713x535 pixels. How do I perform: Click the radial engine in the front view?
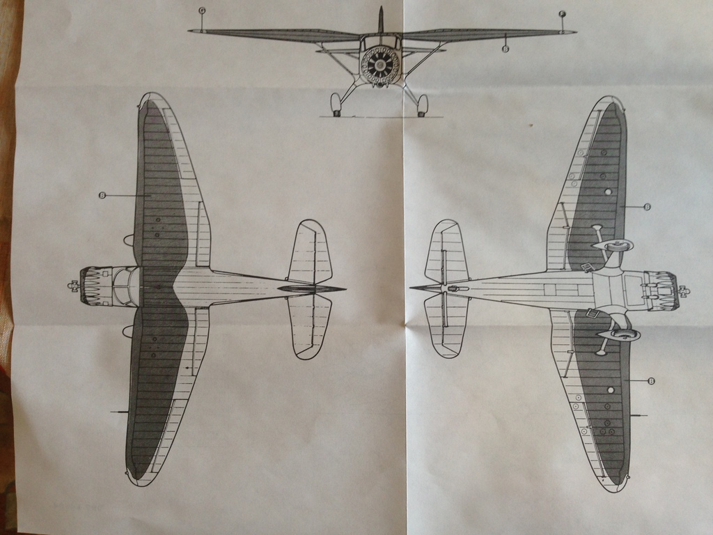coord(380,66)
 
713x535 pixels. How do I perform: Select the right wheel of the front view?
coord(422,105)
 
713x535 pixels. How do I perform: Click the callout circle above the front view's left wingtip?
coord(202,10)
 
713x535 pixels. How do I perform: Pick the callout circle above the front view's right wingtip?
coord(563,14)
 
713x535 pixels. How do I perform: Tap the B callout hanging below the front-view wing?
coord(506,49)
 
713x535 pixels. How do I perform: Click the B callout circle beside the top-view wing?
coord(102,196)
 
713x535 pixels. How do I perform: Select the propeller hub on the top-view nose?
coord(72,286)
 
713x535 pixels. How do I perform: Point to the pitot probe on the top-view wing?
coord(118,412)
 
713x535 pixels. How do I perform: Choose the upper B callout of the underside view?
coord(647,207)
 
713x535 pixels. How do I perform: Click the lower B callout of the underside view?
coord(651,381)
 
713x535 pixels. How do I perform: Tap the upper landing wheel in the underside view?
coord(617,245)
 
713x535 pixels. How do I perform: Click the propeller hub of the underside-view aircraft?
coord(683,290)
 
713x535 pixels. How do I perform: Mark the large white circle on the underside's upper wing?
coord(608,192)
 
